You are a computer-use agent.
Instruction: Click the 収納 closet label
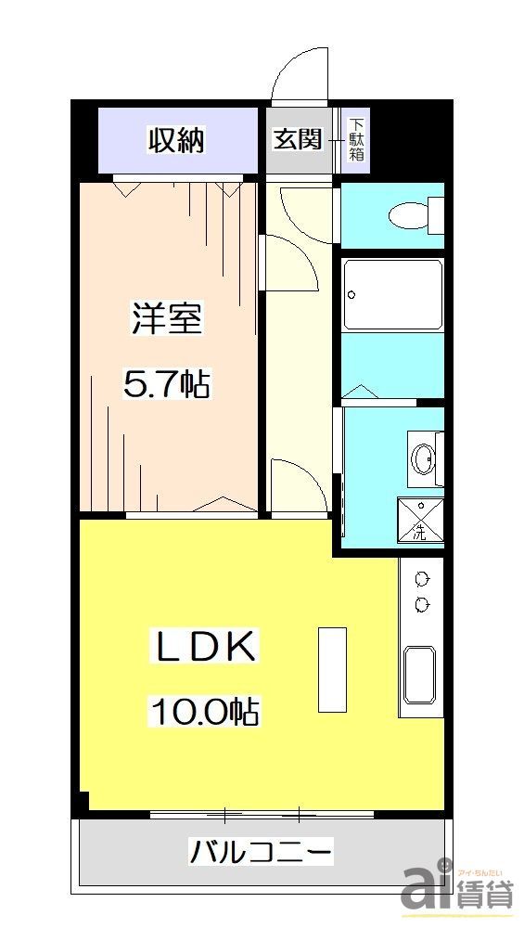pos(177,141)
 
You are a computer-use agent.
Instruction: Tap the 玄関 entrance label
pos(297,139)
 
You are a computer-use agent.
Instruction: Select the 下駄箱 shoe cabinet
pos(356,140)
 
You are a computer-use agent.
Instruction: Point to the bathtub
pos(392,294)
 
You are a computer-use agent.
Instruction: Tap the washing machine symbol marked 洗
pos(420,521)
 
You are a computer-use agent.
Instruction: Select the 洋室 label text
pos(167,320)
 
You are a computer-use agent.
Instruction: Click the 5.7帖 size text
pos(167,382)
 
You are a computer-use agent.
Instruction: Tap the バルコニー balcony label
pos(261,850)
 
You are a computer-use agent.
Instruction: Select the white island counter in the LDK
pos(332,669)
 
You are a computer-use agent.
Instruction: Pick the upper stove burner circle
pos(423,579)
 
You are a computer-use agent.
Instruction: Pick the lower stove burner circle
pos(423,605)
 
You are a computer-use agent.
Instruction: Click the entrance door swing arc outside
pos(299,72)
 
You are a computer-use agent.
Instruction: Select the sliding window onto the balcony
pos(262,816)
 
